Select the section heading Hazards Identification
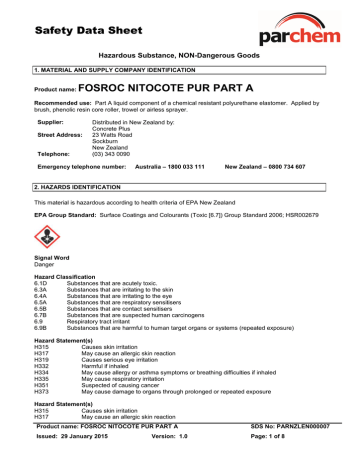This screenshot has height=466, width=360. pyautogui.click(x=72, y=188)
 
